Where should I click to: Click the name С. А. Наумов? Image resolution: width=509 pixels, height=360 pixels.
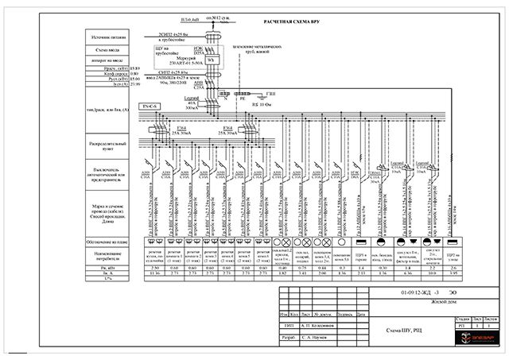pos(316,338)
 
